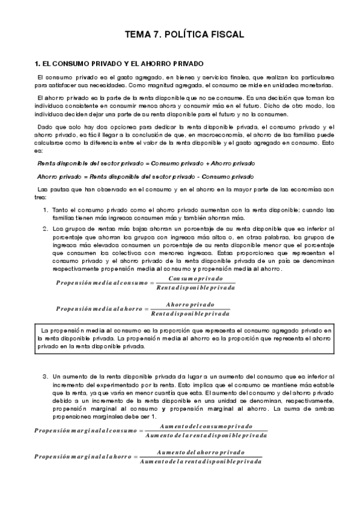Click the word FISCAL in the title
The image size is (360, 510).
[x=224, y=35]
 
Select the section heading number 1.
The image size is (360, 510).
[x=37, y=63]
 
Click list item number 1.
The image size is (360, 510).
[x=46, y=209]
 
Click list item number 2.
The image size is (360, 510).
[x=46, y=229]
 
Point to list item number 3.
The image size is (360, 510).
[x=46, y=376]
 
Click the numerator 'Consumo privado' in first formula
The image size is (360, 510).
[x=195, y=279]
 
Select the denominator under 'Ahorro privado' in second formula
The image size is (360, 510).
[x=190, y=313]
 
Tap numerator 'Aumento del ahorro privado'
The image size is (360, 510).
[x=201, y=452]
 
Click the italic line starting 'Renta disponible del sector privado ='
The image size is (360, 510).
[x=145, y=164]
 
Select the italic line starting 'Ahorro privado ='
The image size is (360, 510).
[x=145, y=176]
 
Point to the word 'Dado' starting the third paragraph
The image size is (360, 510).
[x=45, y=127]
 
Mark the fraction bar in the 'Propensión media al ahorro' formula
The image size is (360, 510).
[x=190, y=309]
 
